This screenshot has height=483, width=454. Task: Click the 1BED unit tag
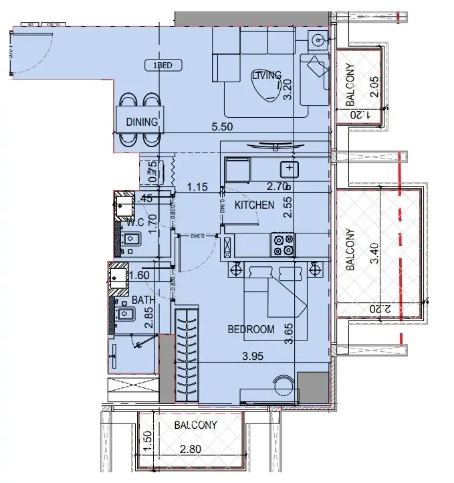pos(164,65)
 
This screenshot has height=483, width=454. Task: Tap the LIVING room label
pos(266,76)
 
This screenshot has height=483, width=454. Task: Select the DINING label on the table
pos(142,122)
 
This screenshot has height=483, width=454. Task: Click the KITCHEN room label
pos(253,205)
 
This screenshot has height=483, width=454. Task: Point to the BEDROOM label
pos(251,329)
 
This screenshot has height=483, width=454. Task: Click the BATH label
pos(143,300)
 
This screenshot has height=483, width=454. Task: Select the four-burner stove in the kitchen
pos(283,245)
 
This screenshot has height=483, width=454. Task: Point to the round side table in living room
pos(317,40)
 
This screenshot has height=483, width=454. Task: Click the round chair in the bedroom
pos(283,387)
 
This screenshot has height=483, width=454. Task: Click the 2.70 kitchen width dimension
pos(277,187)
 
